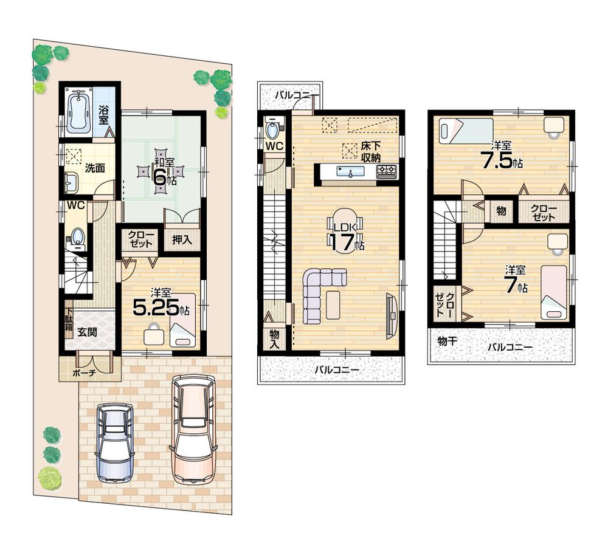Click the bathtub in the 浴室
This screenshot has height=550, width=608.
78,112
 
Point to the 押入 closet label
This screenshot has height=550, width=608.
181,239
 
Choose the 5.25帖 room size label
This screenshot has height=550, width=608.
161,307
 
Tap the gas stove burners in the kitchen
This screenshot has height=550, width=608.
386,171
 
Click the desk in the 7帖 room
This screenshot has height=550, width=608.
556,242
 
